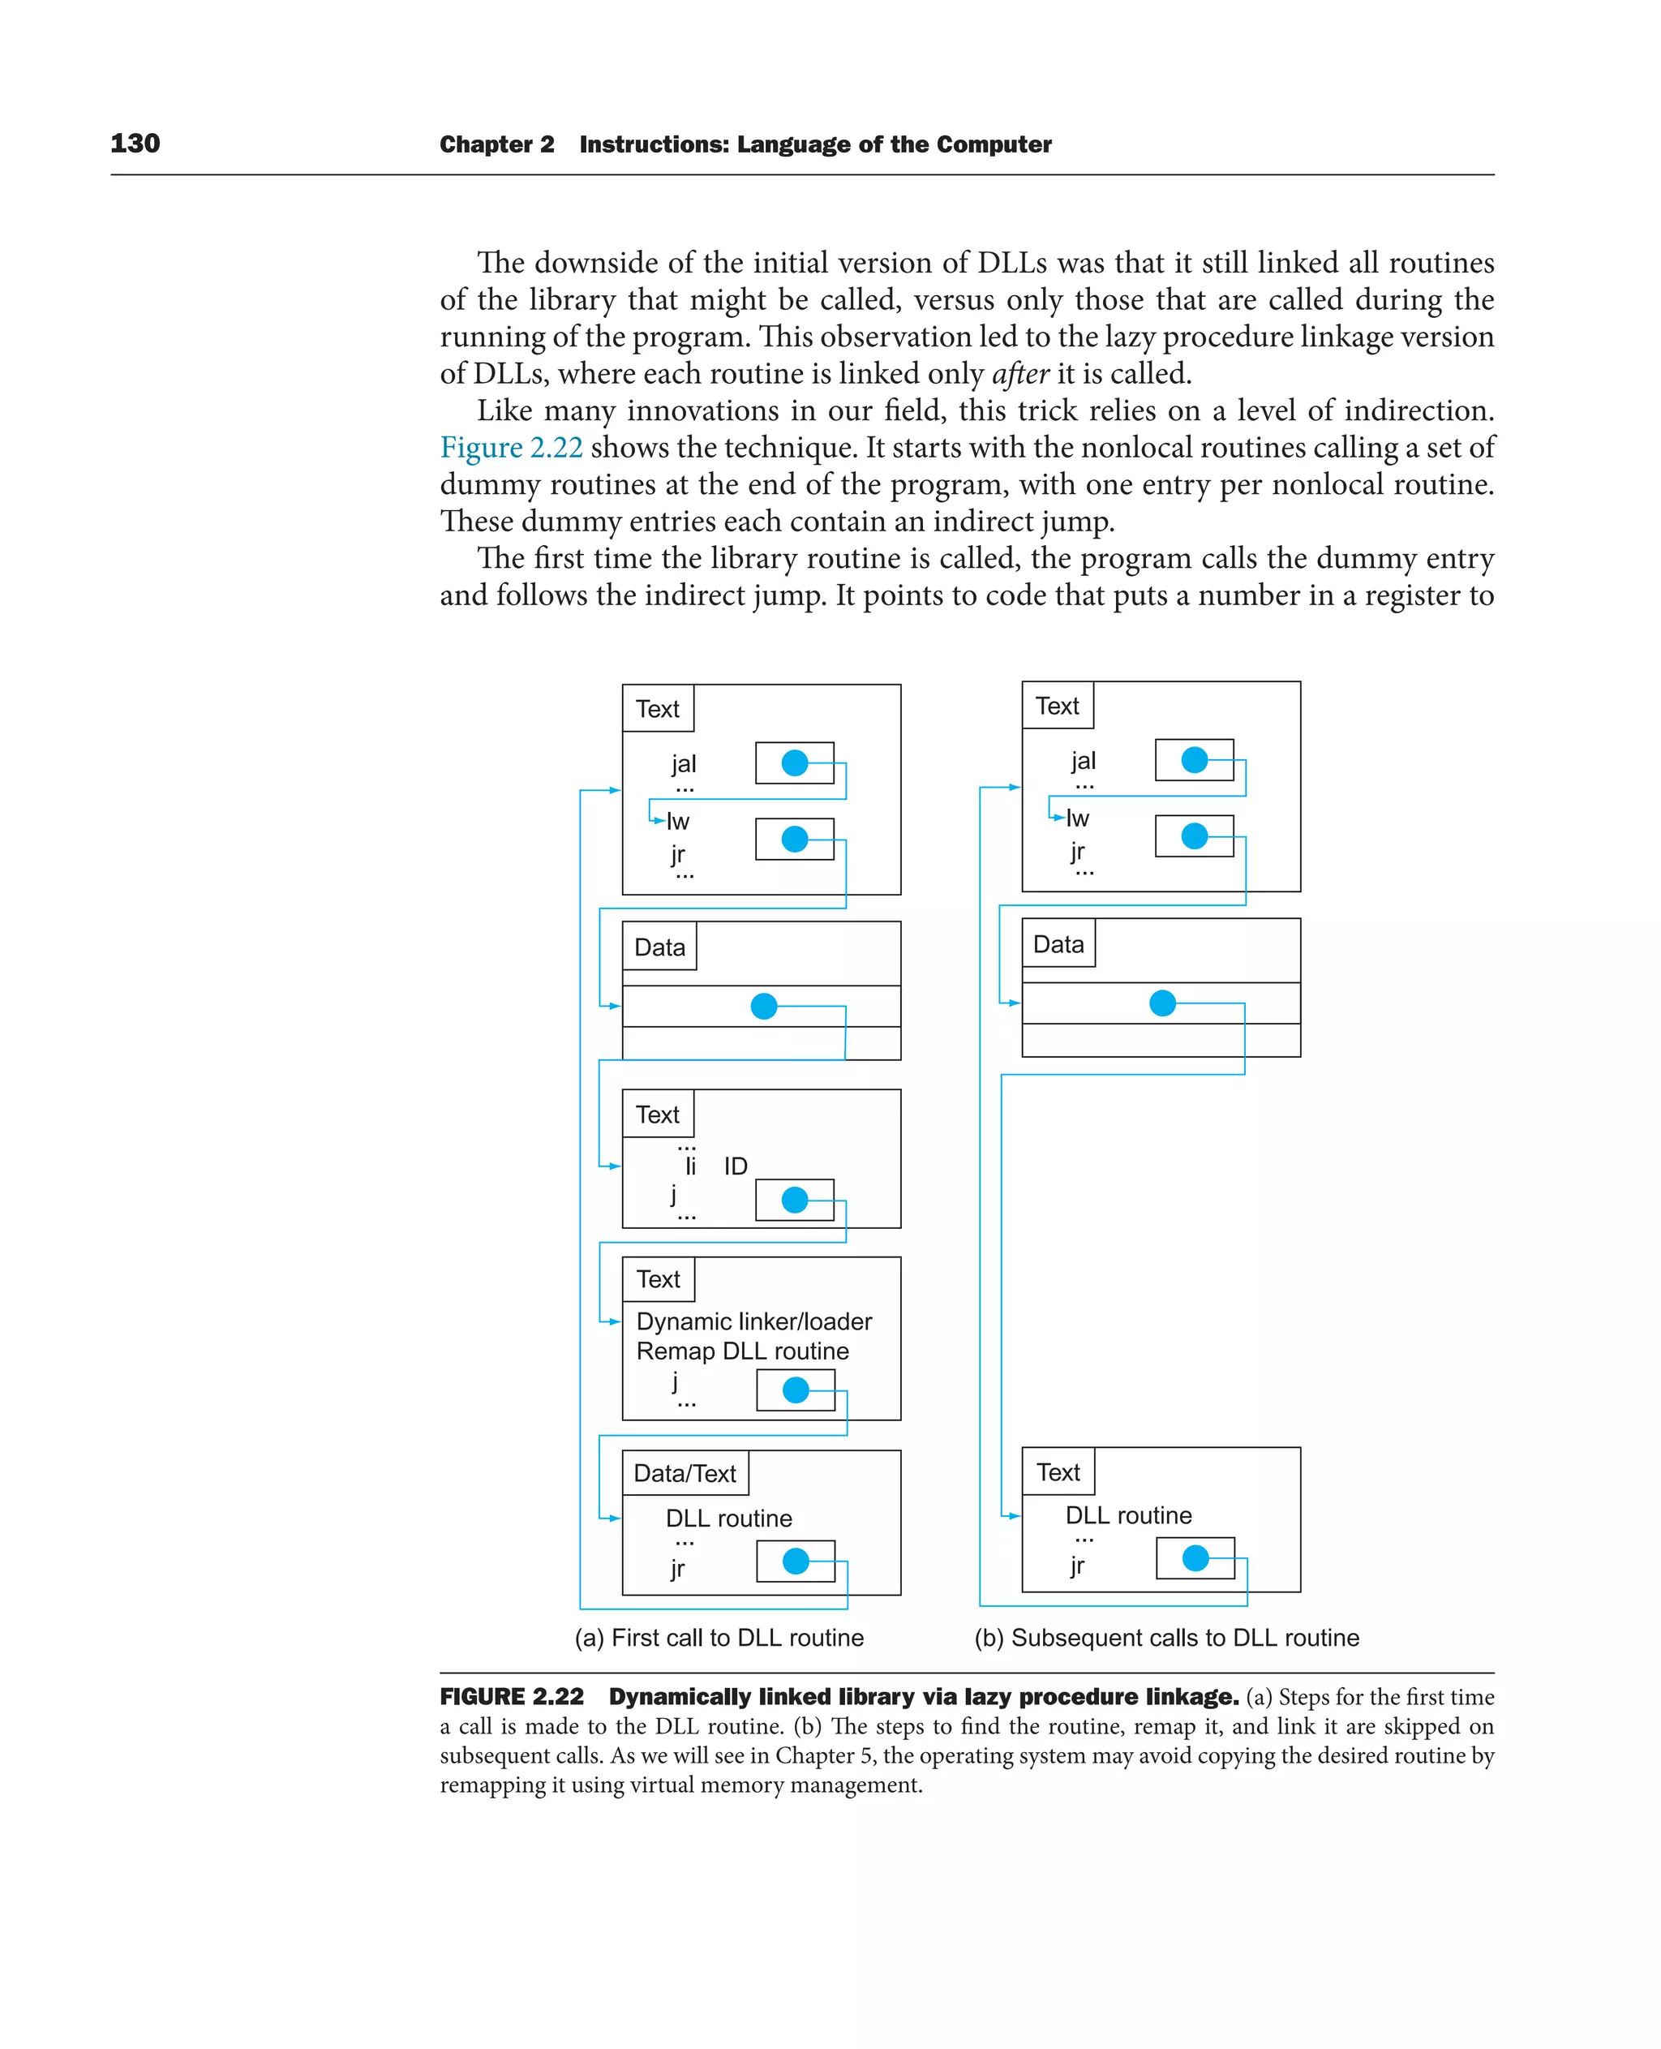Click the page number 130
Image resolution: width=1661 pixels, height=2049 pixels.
(135, 144)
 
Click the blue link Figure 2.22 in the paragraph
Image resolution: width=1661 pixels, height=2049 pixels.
(511, 448)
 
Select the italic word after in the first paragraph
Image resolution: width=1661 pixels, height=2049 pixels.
(1020, 374)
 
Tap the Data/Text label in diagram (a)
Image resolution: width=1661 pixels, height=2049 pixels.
(685, 1473)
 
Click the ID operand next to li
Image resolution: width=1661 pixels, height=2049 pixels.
(735, 1166)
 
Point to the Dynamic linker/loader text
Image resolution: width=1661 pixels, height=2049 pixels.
(754, 1321)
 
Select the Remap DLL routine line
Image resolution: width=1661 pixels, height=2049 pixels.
(742, 1351)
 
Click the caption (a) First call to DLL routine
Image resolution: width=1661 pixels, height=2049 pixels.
(719, 1638)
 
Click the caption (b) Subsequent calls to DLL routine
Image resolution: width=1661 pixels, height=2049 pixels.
(1166, 1638)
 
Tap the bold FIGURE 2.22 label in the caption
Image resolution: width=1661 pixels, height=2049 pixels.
(512, 1697)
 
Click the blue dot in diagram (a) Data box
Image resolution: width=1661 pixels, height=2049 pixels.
(763, 1006)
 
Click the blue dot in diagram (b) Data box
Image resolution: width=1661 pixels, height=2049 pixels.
(1162, 1003)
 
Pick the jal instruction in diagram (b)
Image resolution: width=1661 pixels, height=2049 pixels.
(1083, 761)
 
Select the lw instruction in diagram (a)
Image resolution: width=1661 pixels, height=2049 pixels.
(677, 821)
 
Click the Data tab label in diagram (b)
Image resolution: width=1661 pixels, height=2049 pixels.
(1058, 944)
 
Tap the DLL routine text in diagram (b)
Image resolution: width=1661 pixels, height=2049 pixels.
(1128, 1515)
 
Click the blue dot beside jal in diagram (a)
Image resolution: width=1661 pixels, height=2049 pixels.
(794, 762)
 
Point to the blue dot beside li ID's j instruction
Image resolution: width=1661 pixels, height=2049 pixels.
(794, 1199)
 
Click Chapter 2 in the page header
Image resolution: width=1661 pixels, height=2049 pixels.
(496, 144)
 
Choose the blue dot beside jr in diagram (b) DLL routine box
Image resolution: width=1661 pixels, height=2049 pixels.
(1195, 1558)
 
